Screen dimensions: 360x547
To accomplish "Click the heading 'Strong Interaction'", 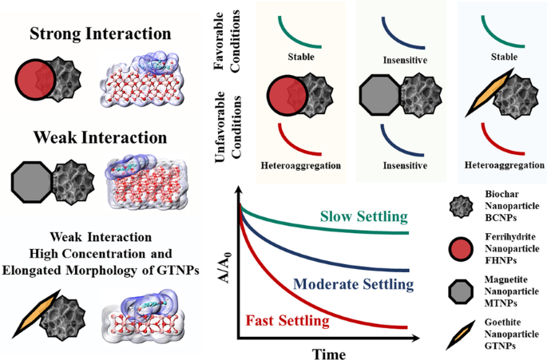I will pyautogui.click(x=101, y=34).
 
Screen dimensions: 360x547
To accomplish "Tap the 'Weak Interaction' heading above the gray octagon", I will pyautogui.click(x=101, y=137).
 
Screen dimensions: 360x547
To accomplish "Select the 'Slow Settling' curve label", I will pyautogui.click(x=363, y=217).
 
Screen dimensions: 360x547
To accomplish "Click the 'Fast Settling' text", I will pyautogui.click(x=288, y=321).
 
